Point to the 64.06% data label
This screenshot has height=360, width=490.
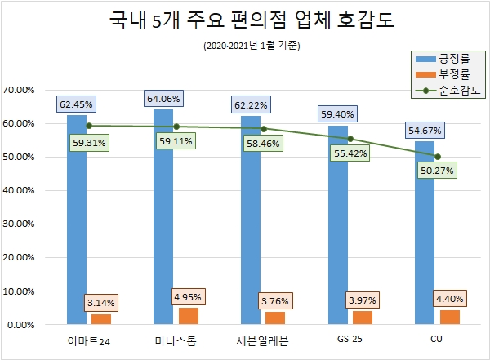point(163,100)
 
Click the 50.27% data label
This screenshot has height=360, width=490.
point(436,170)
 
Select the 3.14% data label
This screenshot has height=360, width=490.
point(101,303)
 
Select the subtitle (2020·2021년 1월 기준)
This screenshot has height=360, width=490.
point(252,46)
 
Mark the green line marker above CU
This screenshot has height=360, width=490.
point(438,156)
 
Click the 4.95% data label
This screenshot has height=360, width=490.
point(188,294)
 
